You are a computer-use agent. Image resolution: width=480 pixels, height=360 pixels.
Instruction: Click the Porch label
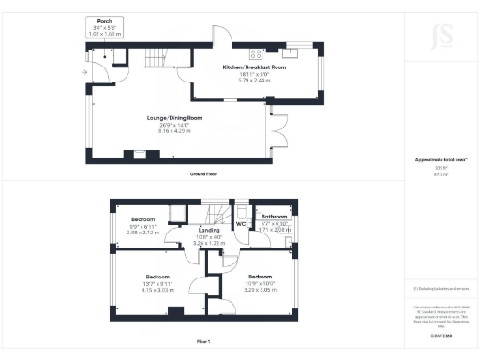(104, 22)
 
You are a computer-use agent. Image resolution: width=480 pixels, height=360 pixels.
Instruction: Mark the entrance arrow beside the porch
(84, 67)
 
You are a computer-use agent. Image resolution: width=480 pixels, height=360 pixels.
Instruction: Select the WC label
(240, 224)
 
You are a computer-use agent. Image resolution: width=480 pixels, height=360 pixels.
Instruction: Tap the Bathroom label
(275, 217)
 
